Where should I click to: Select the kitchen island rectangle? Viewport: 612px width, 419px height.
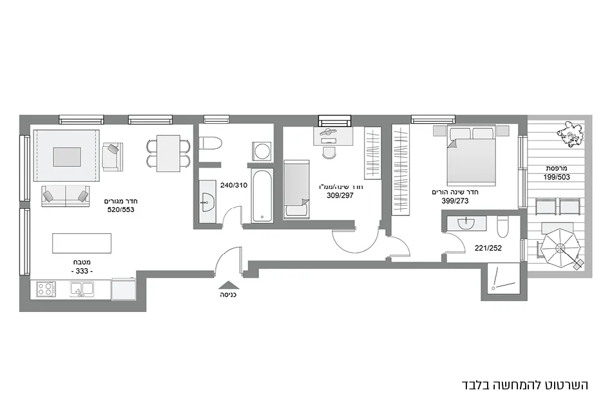[x=82, y=243]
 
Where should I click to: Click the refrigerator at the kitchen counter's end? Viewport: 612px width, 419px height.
[x=122, y=289]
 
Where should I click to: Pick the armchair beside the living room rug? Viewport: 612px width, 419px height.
[x=111, y=157]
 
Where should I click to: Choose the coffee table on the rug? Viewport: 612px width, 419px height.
[x=66, y=157]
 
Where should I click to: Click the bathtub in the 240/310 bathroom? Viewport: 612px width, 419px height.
[x=262, y=196]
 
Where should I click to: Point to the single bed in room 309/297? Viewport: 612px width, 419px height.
[x=297, y=190]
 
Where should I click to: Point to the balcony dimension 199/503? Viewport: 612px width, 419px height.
[x=557, y=177]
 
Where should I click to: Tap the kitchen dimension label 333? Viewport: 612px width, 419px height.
[x=82, y=272]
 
